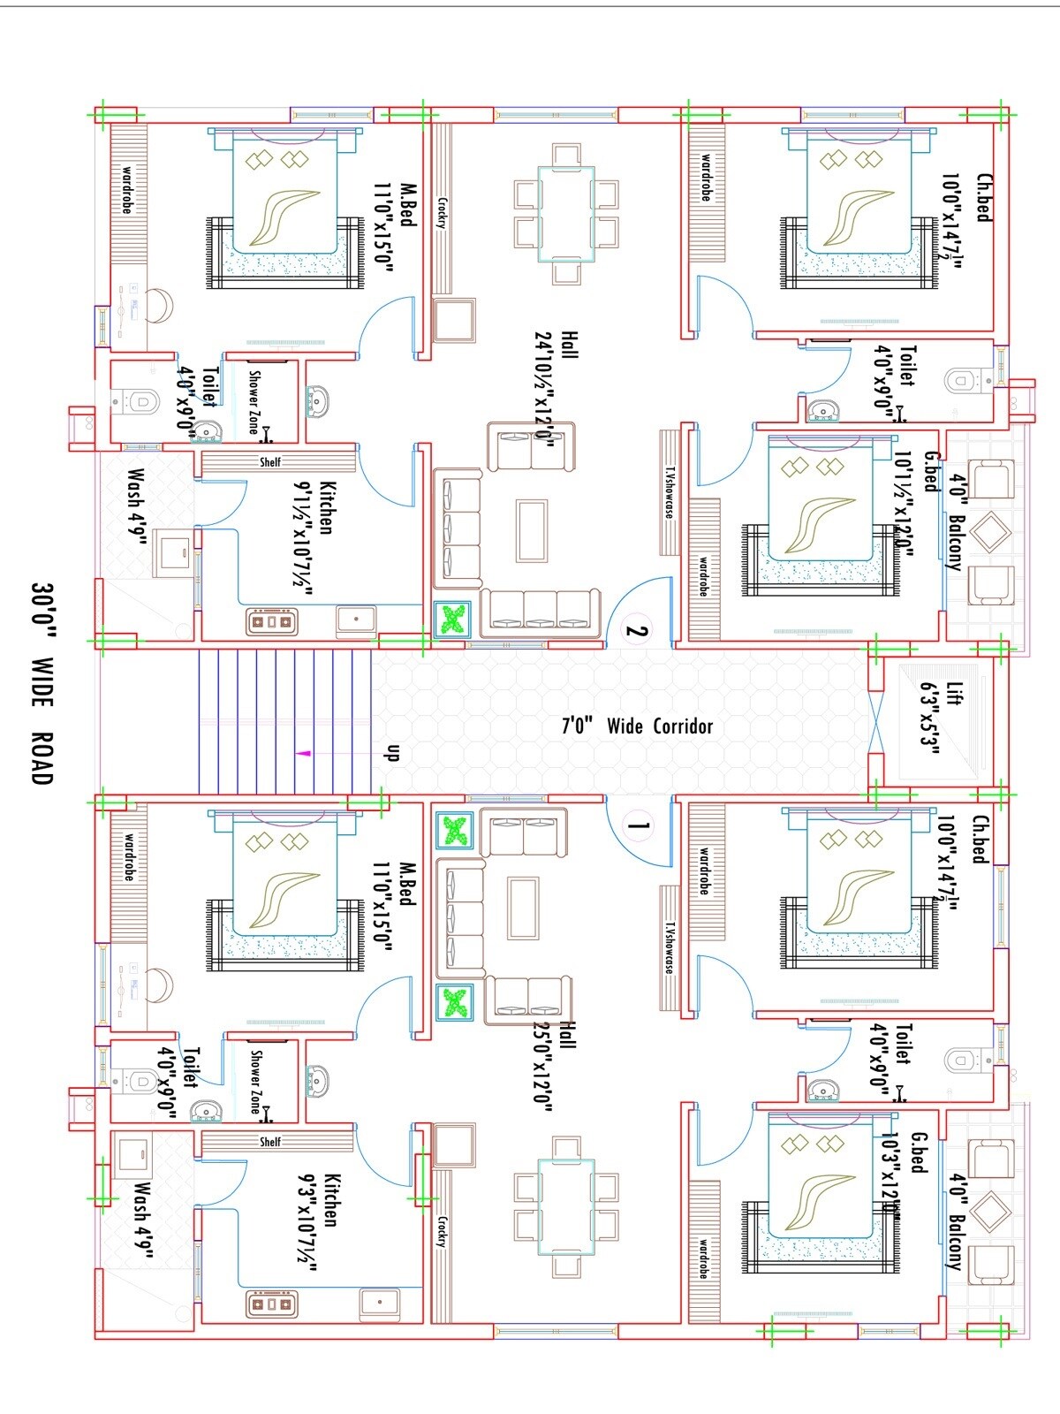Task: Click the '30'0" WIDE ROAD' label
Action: point(42,681)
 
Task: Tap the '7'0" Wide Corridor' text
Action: point(637,726)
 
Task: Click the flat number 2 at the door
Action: point(637,631)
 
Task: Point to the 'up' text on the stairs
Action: point(394,753)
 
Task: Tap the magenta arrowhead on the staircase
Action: point(303,754)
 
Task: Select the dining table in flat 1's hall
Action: point(566,1207)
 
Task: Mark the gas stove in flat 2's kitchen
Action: point(271,621)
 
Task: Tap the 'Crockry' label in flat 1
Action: point(441,1231)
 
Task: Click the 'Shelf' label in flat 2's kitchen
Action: point(269,462)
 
